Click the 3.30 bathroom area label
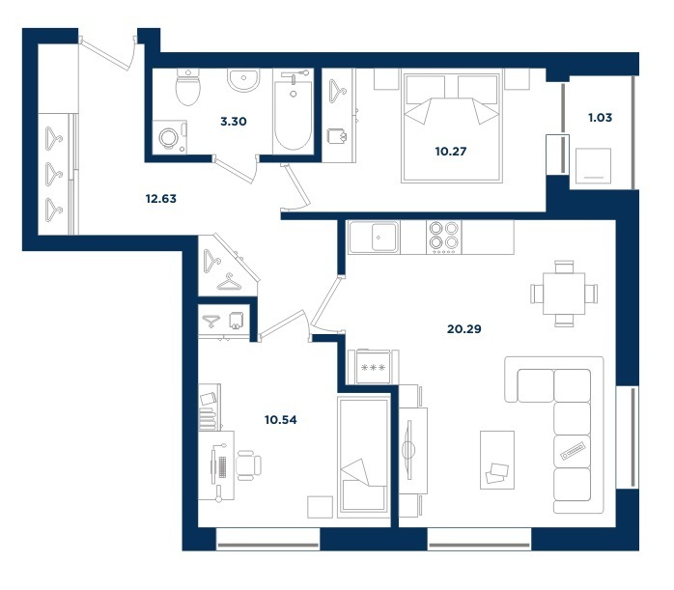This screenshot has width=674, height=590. click(x=234, y=122)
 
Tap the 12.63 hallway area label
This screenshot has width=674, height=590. click(x=160, y=199)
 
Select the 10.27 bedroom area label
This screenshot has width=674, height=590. click(x=451, y=152)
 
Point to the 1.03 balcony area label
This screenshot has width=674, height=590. click(x=600, y=117)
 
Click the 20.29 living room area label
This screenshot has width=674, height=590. click(x=464, y=329)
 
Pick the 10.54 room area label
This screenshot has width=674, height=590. click(x=281, y=420)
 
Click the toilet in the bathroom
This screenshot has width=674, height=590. click(x=188, y=87)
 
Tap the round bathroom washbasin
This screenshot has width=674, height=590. click(x=243, y=80)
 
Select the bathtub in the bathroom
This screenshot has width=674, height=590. click(x=294, y=112)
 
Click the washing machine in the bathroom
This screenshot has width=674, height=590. click(x=170, y=137)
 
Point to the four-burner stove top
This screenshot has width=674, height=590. click(x=443, y=237)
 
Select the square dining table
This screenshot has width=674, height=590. click(x=564, y=294)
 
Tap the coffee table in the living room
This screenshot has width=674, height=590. click(x=497, y=460)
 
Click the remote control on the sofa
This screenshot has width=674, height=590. click(x=573, y=451)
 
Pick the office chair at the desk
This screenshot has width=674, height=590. click(x=248, y=465)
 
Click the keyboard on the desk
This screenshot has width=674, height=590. click(x=222, y=467)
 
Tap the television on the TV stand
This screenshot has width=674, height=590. click(x=408, y=450)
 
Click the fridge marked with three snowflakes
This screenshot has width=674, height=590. click(x=374, y=367)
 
